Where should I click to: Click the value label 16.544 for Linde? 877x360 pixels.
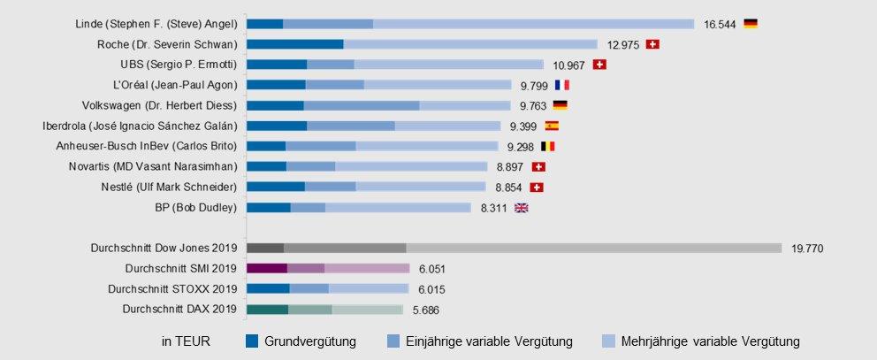[x=720, y=24]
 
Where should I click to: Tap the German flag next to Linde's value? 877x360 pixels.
[x=751, y=24]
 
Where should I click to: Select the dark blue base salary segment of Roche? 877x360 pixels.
[x=295, y=43]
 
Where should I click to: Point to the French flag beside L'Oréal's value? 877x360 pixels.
[x=562, y=85]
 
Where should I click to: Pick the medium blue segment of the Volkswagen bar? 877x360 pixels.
[x=362, y=105]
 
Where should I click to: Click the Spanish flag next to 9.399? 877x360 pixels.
[x=552, y=126]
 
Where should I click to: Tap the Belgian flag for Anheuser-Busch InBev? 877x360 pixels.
[x=548, y=146]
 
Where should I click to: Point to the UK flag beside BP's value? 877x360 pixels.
[x=522, y=208]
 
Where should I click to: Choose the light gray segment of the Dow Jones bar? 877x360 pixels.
[x=593, y=249]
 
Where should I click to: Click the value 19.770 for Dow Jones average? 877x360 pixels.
[x=807, y=249]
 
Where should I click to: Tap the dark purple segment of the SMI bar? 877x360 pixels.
[x=267, y=268]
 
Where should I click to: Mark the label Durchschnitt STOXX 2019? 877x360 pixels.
[x=172, y=288]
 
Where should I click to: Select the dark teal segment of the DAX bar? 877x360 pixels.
[x=268, y=309]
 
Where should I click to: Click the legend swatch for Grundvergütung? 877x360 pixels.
[x=252, y=341]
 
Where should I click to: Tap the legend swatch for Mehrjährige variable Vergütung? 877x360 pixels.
[x=608, y=341]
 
